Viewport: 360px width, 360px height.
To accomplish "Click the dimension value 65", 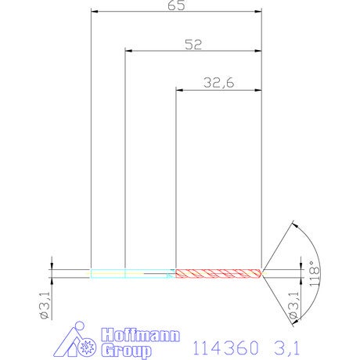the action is point(176,5).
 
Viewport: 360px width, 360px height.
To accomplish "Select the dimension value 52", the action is point(193,45).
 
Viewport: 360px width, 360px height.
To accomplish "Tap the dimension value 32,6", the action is point(219,83).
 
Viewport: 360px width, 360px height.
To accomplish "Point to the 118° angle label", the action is point(315,273).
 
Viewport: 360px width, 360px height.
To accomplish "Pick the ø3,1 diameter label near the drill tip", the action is point(293,305).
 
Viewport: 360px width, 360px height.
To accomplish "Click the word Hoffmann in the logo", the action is point(141,335).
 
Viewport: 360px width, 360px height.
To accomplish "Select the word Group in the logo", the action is point(127,351).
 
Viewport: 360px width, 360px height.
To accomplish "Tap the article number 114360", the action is point(226,347).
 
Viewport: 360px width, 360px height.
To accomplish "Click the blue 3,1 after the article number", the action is point(287,347).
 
